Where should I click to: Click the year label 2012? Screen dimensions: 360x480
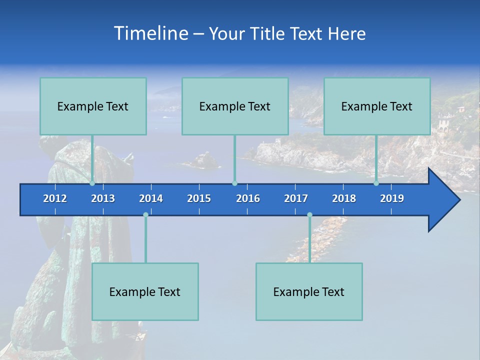click(55, 198)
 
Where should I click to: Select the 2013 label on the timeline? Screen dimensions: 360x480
click(103, 198)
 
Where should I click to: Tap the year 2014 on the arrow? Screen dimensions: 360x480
click(151, 198)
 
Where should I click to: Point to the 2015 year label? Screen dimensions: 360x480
click(199, 198)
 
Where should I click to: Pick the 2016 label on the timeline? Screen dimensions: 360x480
click(248, 198)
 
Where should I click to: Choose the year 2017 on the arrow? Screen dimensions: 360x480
click(296, 198)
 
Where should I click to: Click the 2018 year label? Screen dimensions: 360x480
click(344, 198)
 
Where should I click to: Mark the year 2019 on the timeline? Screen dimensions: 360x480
click(392, 198)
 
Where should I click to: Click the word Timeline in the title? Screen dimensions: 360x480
click(150, 33)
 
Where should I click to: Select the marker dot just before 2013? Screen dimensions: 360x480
click(92, 183)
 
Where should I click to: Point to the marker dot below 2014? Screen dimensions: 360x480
click(145, 215)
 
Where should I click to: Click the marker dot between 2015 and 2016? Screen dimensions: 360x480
click(234, 183)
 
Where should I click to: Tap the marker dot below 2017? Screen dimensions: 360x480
click(309, 215)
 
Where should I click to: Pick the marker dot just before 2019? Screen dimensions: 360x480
click(376, 183)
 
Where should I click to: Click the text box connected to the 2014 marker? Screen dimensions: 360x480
click(145, 291)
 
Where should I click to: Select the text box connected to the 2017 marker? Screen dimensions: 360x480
click(309, 291)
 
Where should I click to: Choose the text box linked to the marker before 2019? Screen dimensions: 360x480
click(377, 106)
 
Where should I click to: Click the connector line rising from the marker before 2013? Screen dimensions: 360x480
click(92, 159)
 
